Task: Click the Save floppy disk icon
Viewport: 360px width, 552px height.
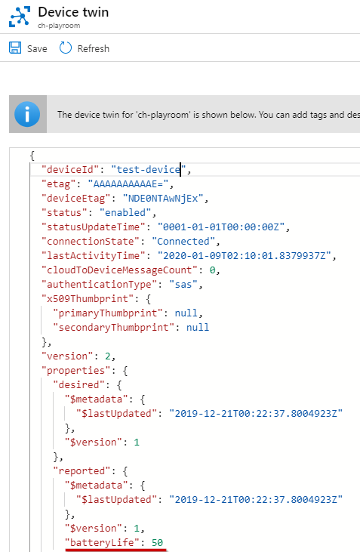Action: [x=15, y=48]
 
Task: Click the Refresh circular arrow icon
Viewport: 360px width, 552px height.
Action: [x=66, y=48]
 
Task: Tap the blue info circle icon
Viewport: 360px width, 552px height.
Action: [x=27, y=114]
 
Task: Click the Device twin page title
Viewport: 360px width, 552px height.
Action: [x=73, y=12]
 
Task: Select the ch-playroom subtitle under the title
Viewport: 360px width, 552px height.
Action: [x=59, y=26]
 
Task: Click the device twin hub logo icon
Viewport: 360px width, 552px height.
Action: [x=20, y=17]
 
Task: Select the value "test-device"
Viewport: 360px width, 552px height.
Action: [x=149, y=170]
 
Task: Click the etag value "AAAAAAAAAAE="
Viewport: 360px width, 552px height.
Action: [x=128, y=183]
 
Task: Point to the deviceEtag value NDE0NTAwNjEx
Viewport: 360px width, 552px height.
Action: [x=163, y=198]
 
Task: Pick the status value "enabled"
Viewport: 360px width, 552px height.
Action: [x=125, y=213]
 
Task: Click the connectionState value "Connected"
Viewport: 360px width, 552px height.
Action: [x=183, y=241]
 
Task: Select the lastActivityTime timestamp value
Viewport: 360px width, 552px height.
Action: [x=244, y=255]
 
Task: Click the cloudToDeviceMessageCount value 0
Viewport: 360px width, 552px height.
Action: [x=212, y=270]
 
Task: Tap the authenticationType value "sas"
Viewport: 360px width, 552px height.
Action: [x=183, y=285]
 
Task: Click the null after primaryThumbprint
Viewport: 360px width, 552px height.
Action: [x=186, y=313]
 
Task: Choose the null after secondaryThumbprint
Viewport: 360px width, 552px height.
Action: [x=198, y=328]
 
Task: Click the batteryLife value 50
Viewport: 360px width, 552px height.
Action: [x=157, y=542]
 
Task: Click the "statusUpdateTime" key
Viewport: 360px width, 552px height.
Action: [x=94, y=227]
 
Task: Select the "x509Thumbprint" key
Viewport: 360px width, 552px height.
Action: [x=91, y=298]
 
